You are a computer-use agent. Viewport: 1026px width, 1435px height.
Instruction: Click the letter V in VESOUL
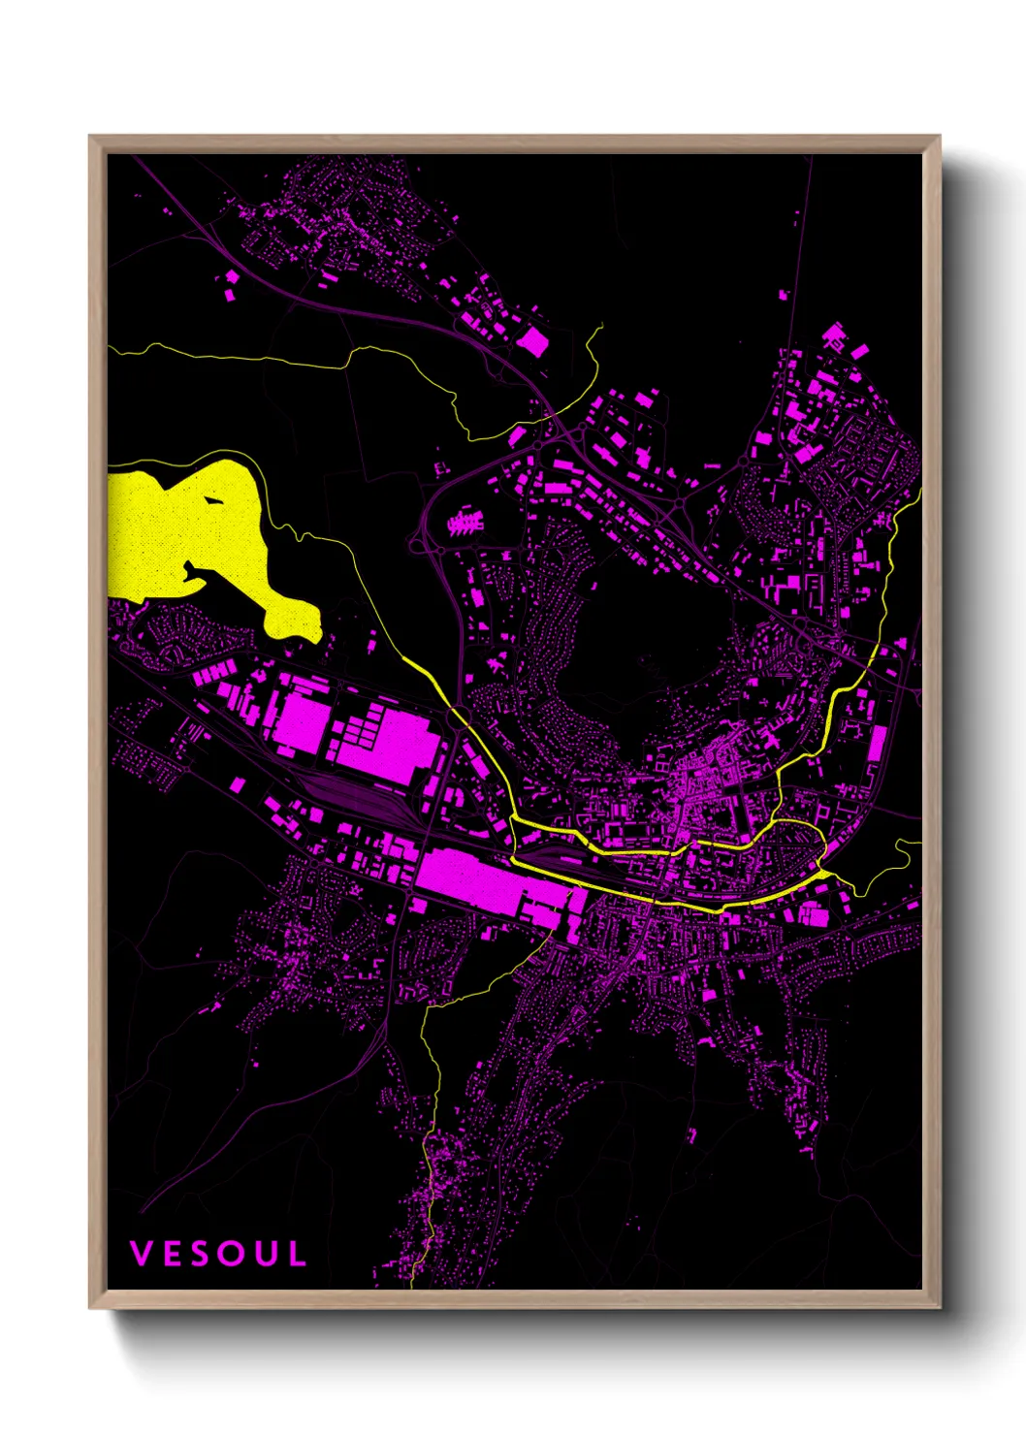(142, 1254)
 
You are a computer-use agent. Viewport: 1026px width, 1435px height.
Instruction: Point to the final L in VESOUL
(298, 1254)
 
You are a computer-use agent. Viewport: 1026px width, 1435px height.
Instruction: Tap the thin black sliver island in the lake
(211, 501)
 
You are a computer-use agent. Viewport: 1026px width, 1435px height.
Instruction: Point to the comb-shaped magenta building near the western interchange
(465, 524)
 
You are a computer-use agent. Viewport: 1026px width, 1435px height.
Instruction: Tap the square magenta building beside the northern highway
(531, 341)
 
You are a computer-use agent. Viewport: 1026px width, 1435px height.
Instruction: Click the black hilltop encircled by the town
(640, 630)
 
